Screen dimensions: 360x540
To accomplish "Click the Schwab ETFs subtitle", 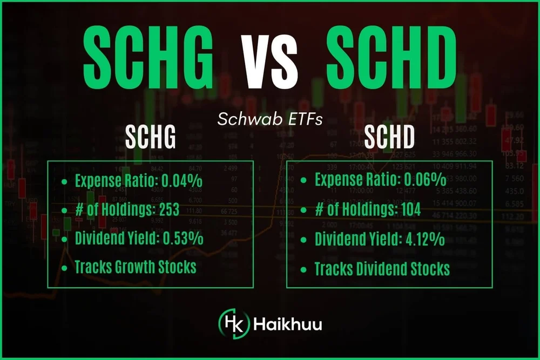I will tap(270, 119).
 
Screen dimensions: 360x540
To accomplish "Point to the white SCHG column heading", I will tap(151, 138).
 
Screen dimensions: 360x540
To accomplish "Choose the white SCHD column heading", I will tap(389, 138).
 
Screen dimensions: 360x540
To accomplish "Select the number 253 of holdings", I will tap(168, 210).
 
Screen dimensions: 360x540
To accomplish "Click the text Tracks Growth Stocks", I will tap(136, 267).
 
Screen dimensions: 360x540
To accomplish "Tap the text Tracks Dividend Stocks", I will tap(382, 268).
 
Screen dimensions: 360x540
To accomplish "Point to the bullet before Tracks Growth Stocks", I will tap(65, 267).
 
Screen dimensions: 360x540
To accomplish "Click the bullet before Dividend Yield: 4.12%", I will tap(305, 239).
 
